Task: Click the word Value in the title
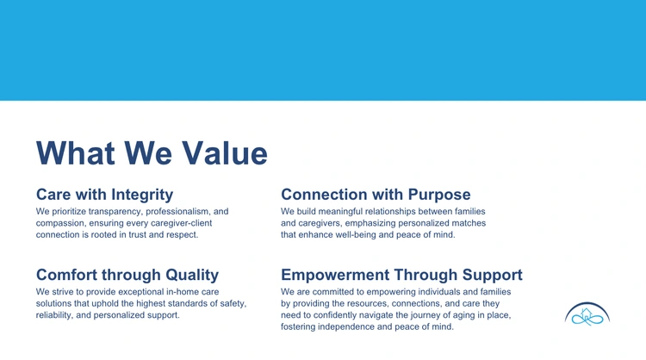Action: [225, 153]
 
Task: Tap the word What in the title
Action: [76, 153]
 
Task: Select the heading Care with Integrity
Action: [104, 195]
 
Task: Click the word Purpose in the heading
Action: [439, 195]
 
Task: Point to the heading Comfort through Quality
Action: [127, 275]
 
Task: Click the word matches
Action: [469, 223]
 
